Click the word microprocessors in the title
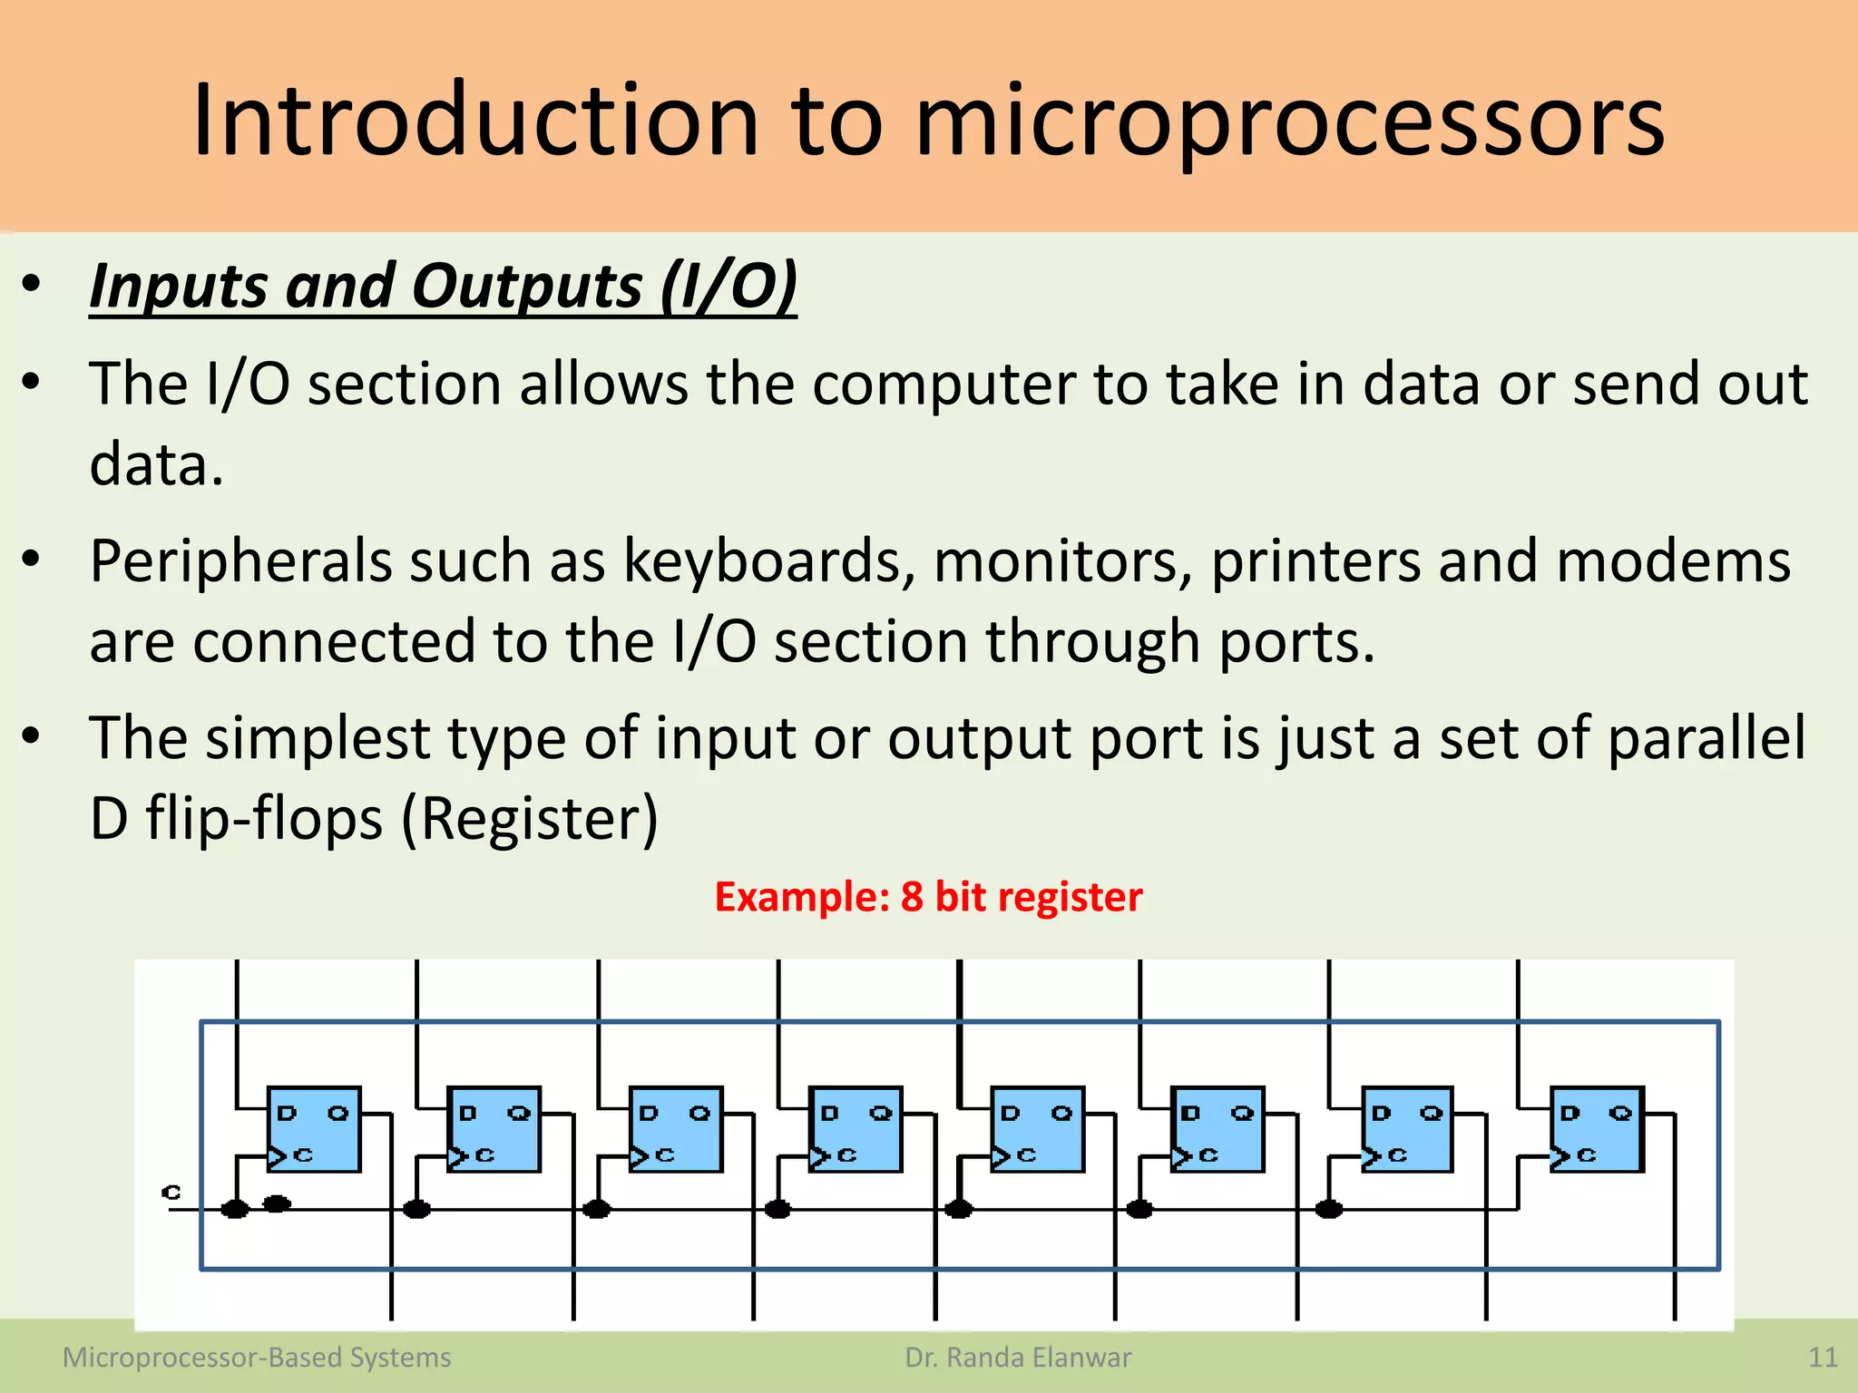(x=1289, y=122)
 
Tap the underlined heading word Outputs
(x=527, y=287)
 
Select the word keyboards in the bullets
(x=768, y=561)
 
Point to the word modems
(x=1673, y=561)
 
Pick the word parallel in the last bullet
(x=1706, y=737)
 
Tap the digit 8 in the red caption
(x=911, y=897)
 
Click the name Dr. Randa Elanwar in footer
(x=1018, y=1358)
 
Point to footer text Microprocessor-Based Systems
(x=257, y=1358)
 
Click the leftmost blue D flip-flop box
(x=314, y=1129)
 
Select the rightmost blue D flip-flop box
(x=1596, y=1129)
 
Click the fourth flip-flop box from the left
(x=856, y=1129)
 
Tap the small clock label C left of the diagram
(x=171, y=1192)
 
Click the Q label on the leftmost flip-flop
(x=337, y=1113)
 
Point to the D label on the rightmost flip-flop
(x=1570, y=1113)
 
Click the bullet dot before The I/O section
(x=32, y=383)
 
